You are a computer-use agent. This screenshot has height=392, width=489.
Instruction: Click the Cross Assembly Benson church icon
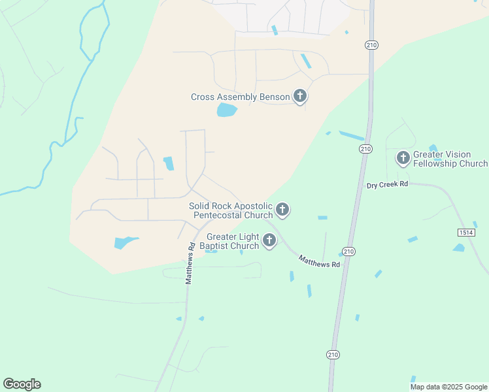point(300,97)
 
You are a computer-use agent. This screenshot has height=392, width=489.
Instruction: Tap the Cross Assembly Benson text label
point(240,97)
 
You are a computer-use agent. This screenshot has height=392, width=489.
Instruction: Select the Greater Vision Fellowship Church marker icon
point(403,158)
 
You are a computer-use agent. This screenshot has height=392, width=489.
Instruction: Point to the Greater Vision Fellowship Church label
point(450,159)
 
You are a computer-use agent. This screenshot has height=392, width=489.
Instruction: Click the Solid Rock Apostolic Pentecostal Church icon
point(282,210)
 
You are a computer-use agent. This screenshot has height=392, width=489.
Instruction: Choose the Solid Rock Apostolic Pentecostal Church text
point(231,210)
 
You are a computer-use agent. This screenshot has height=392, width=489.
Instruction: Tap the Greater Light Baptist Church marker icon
point(269,241)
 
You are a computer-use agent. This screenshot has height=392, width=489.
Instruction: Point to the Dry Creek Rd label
point(387,185)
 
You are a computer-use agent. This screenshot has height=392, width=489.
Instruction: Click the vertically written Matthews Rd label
point(190,264)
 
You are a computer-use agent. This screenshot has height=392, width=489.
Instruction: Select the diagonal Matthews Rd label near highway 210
point(320,261)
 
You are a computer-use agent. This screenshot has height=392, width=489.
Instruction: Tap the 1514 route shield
point(466,233)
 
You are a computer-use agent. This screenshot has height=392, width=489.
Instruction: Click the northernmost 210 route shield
point(373,44)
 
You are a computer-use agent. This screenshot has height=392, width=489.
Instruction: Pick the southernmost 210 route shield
point(333,354)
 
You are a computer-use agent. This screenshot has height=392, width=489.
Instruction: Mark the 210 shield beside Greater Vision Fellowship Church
point(365,150)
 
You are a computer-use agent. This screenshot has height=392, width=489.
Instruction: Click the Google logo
point(22,384)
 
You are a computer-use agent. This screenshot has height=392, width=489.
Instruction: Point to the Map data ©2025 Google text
point(448,387)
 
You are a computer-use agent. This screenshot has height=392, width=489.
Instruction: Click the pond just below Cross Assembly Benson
point(226,110)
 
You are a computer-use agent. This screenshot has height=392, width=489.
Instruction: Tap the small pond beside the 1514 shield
point(459,248)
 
